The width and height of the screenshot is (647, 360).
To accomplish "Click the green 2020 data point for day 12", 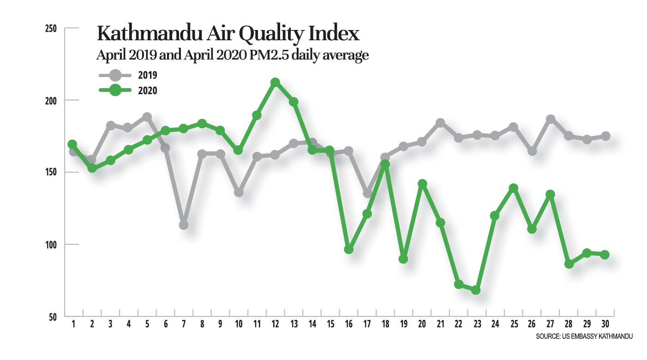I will coord(275,83).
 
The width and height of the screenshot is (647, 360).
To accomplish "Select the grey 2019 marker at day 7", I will coord(184,225).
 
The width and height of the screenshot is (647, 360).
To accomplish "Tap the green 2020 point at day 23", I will coord(476,290).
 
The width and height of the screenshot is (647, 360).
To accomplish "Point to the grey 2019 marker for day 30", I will coord(605,136).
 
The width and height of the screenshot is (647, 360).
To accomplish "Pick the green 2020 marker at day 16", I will coord(349,249).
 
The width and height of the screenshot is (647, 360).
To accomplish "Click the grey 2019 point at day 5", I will coord(147,117).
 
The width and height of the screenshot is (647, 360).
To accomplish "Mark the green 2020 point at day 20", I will coord(422,184).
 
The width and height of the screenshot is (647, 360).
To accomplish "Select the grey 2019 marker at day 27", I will coord(550,119).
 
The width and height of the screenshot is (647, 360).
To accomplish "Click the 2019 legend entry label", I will coord(148,75).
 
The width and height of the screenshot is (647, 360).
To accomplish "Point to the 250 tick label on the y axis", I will coord(51,29).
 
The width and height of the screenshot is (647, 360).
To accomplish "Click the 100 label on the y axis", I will coord(51,245).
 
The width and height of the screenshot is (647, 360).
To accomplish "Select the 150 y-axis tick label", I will coord(51,173).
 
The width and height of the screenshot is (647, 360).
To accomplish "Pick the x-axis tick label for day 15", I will coord(330,324).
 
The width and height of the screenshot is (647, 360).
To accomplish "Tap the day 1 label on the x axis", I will coord(73,324).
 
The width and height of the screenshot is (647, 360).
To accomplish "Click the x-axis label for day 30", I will coord(605,324).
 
